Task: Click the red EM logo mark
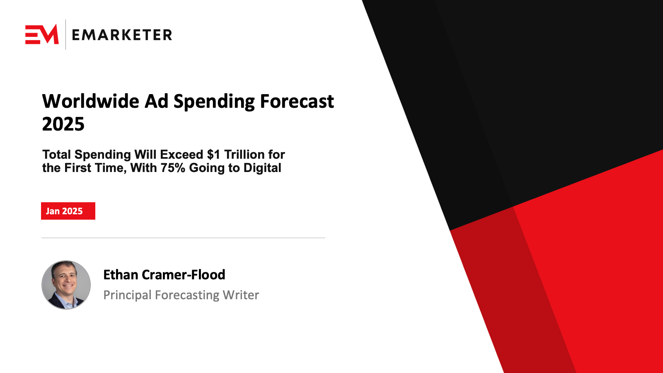pos(42,34)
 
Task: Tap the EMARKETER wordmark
pos(122,35)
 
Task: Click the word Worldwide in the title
pos(91,101)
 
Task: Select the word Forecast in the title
pos(297,101)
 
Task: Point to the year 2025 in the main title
pos(63,124)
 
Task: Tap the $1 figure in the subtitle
pos(213,155)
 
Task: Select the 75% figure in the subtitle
pos(173,168)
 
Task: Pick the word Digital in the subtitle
pos(262,168)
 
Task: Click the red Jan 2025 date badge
pos(68,211)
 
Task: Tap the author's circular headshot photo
pos(66,285)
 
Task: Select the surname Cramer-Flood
pos(184,275)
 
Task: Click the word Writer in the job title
pos(241,295)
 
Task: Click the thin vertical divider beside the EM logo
pos(65,35)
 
